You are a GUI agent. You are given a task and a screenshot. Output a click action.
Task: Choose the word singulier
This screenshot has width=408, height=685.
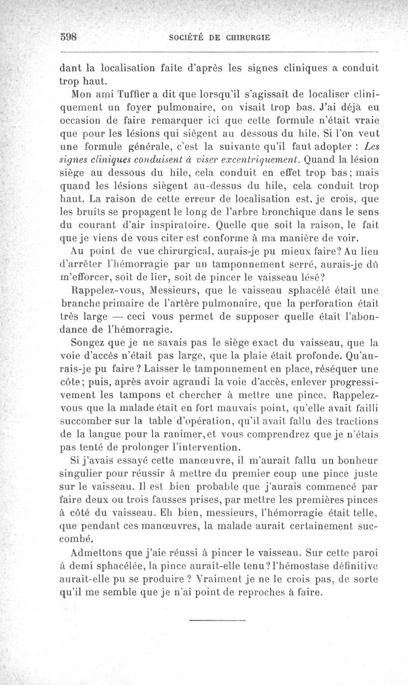(x=81, y=476)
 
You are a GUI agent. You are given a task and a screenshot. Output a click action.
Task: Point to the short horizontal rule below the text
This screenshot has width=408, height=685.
(x=217, y=621)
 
